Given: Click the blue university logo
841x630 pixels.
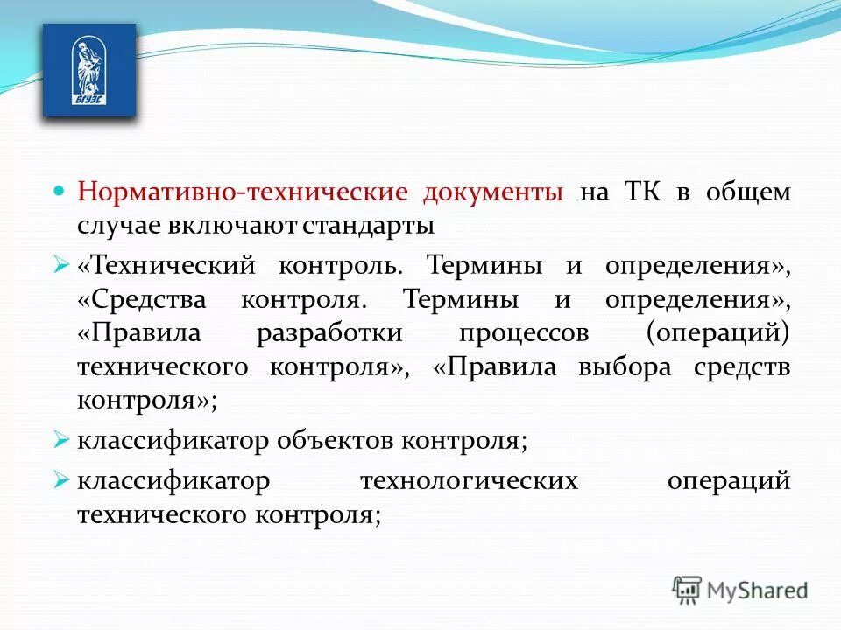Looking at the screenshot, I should tap(89, 70).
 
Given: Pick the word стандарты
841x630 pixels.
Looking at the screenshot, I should tap(369, 226).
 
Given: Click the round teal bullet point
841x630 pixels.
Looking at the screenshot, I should tap(60, 190).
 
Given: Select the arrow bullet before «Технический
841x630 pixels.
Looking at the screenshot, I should tap(60, 263).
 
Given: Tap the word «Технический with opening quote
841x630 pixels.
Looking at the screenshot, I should tap(165, 264).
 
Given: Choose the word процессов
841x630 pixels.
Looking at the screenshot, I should tap(523, 333).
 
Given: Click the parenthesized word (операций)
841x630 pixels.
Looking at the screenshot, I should tap(718, 333).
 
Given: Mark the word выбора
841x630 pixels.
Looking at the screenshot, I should tap(625, 367).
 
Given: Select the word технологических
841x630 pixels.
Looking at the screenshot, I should tap(469, 481).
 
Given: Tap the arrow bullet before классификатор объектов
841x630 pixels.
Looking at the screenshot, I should tap(60, 439).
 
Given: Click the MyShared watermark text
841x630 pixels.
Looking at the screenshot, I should tap(758, 591).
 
